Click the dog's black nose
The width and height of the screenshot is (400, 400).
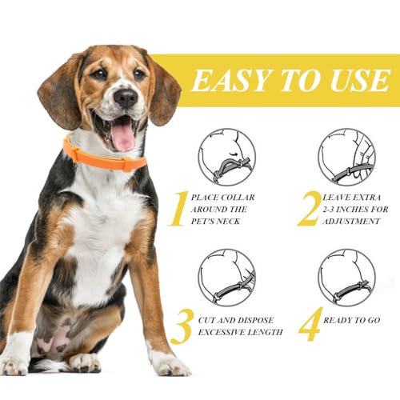125,98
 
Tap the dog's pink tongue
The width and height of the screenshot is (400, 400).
122,136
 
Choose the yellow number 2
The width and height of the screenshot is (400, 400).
308,208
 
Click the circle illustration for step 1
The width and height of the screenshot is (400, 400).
226,157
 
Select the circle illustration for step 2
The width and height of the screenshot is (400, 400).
346,157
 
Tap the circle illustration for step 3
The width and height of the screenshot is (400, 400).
226,277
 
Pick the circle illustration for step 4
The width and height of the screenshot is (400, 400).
346,277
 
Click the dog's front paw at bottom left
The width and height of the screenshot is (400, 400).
18,364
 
